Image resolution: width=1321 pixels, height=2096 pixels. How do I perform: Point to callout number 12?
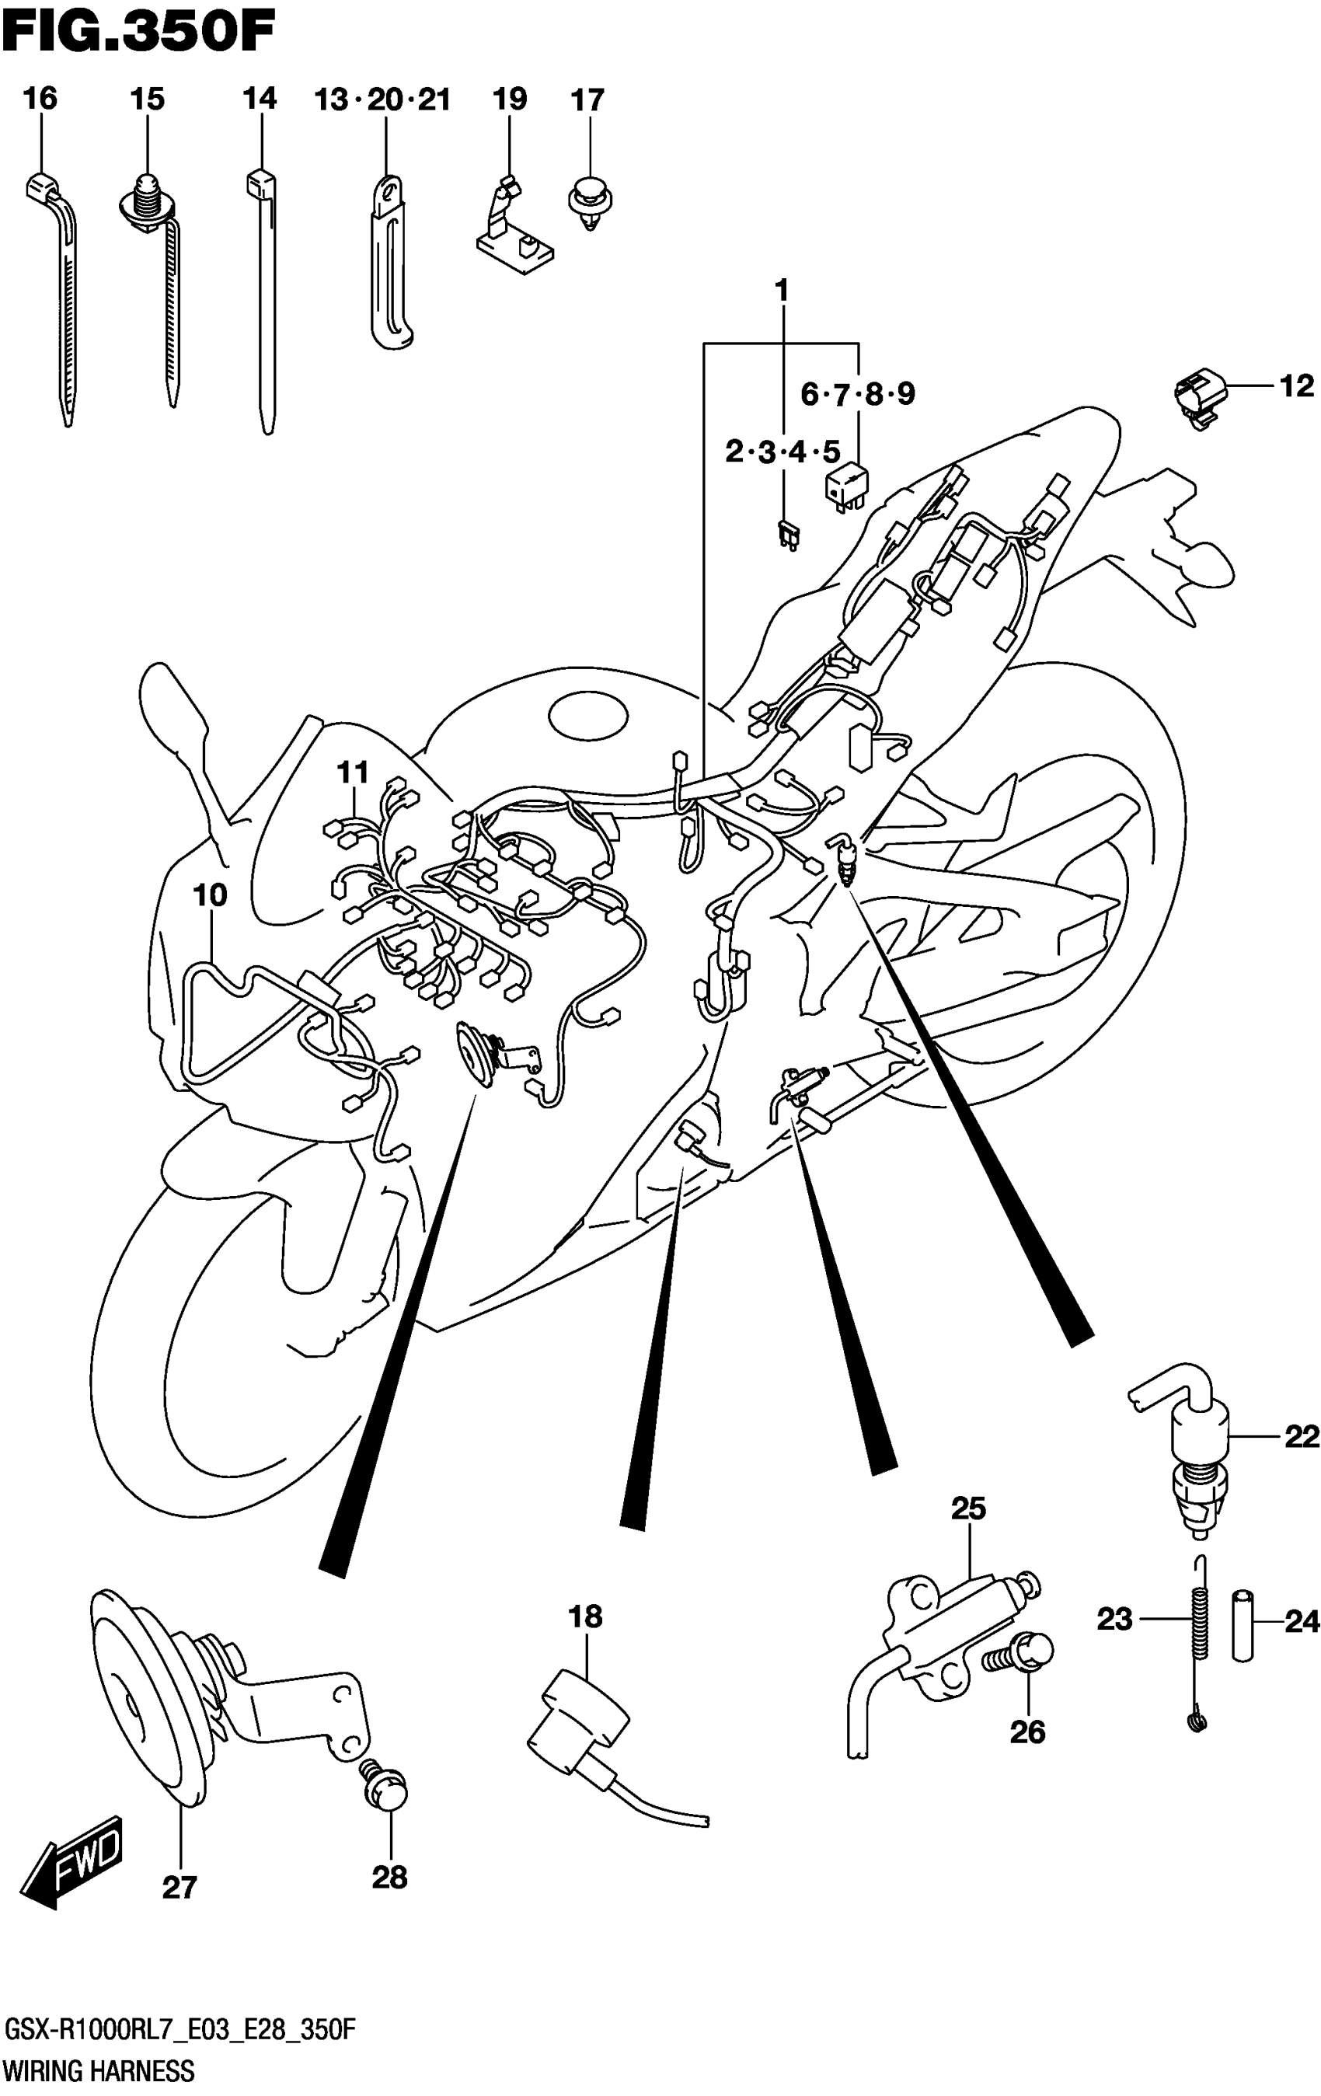pos(1297,385)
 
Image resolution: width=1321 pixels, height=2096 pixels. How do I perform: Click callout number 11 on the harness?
pos(354,772)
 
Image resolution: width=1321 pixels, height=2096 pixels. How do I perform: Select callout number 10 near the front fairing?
pos(210,895)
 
